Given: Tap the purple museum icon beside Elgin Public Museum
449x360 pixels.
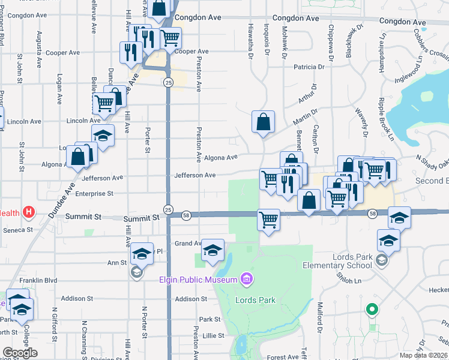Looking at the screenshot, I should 245,278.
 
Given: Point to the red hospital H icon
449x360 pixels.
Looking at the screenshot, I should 28,212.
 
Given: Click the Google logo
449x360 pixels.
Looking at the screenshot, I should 20,353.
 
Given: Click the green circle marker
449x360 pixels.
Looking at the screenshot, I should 372,310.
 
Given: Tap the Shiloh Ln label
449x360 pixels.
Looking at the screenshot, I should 347,280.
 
